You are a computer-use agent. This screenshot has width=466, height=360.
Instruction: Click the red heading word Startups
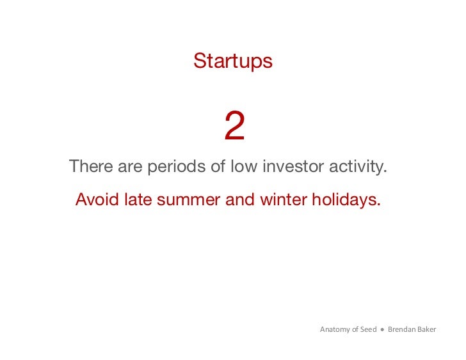232,61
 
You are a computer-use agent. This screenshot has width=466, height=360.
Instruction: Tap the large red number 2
234,127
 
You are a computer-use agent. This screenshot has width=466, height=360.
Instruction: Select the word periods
177,168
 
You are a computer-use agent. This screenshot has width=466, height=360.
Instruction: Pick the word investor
293,168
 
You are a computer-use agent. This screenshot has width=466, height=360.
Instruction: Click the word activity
359,168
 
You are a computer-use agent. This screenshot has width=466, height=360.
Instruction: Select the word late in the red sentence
139,200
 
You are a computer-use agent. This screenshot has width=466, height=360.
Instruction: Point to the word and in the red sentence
240,200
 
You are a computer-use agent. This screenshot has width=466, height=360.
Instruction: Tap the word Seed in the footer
368,330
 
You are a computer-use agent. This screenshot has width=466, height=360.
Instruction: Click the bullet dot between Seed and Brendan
382,330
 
